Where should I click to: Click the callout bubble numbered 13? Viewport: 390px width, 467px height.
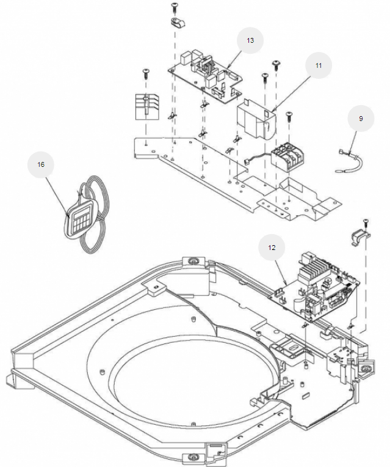250,40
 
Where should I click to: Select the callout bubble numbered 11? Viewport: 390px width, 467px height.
318,65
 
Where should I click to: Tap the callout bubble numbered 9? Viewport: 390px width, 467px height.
361,119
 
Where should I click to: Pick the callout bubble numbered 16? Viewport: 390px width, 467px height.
41,164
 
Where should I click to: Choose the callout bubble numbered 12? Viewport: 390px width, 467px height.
272,248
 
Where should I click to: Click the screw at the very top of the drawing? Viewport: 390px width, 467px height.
174,7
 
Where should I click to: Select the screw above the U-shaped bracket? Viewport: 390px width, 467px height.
365,221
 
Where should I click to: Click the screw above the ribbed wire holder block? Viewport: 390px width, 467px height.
145,73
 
